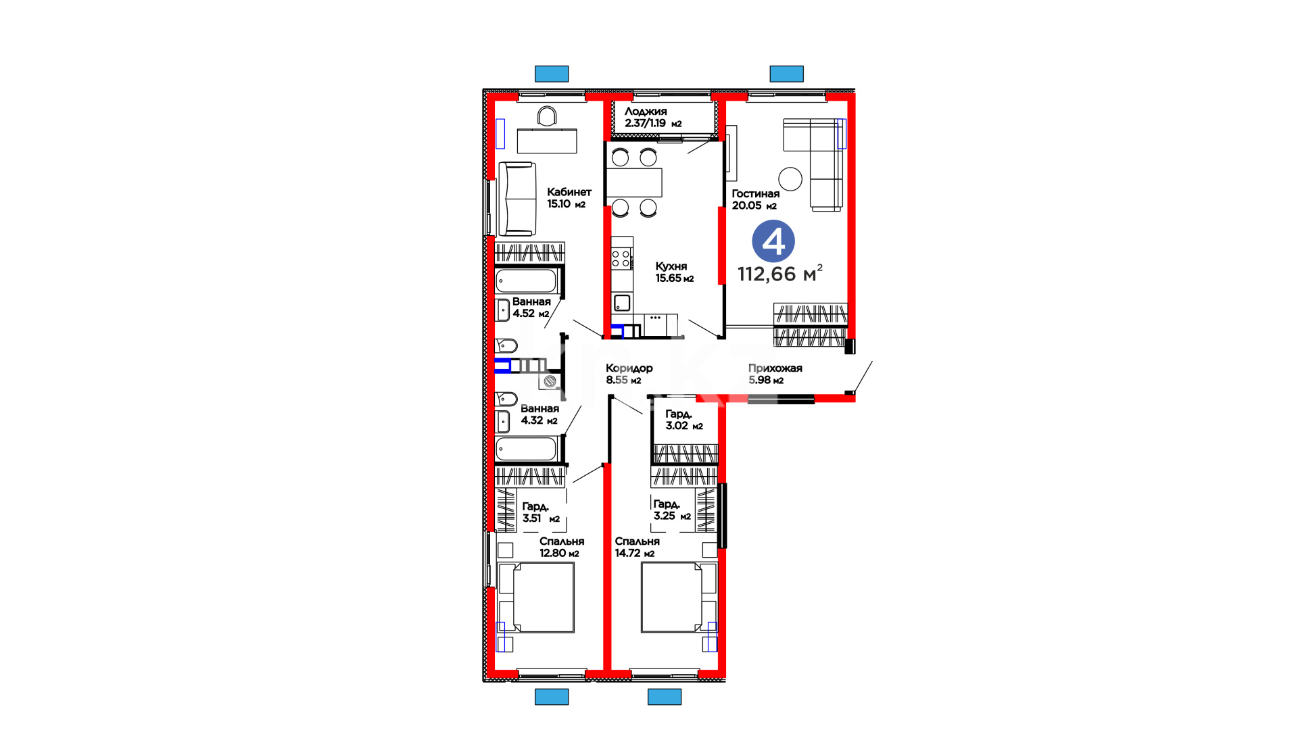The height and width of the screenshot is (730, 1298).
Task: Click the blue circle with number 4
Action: [773, 241]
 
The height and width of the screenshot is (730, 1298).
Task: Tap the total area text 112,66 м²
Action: [780, 273]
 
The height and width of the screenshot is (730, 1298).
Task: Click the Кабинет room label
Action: [569, 192]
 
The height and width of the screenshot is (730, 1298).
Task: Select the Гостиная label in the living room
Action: [756, 193]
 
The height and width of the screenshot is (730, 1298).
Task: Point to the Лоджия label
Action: [646, 111]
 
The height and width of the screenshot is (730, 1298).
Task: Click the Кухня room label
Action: [671, 266]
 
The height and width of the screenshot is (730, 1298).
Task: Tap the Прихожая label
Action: [775, 368]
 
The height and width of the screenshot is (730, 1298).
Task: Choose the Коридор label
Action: [629, 368]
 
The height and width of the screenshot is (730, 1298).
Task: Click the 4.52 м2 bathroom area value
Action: [531, 314]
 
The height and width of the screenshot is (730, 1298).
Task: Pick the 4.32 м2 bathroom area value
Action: [539, 420]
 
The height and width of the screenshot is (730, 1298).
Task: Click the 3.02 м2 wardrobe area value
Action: [684, 426]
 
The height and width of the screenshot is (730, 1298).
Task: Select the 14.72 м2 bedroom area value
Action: [635, 553]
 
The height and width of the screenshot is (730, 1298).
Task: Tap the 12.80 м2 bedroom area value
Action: [559, 553]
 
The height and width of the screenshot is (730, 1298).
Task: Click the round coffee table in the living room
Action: [790, 179]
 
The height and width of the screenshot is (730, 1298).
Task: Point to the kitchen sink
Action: [623, 303]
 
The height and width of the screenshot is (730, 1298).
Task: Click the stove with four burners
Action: [622, 258]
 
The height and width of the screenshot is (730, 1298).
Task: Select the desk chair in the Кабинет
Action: [547, 116]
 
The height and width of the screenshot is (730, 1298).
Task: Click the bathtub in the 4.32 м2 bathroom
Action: [526, 449]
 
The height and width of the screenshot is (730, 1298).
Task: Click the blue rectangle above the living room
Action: [787, 74]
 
